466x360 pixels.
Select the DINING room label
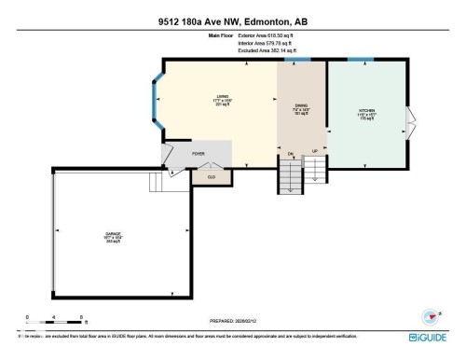pos(299,107)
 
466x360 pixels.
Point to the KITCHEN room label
pos(366,113)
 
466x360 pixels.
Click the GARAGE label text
pos(111,235)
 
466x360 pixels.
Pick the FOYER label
pos(198,153)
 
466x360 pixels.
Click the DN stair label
pos(290,152)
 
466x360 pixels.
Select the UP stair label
pos(315,152)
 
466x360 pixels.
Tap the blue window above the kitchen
pos(360,60)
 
